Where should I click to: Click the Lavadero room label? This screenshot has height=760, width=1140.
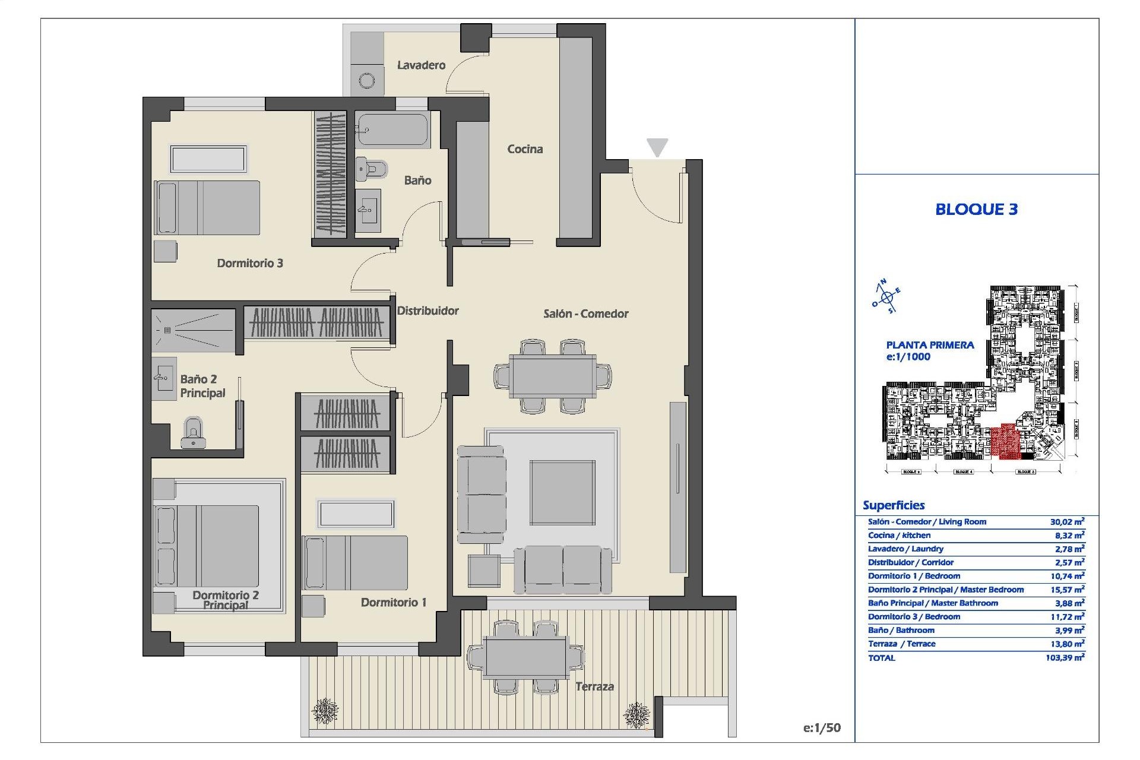(x=421, y=65)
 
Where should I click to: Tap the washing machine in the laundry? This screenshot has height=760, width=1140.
(x=367, y=81)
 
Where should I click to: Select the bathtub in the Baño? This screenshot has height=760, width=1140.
(x=392, y=130)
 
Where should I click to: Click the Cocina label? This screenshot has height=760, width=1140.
(x=524, y=149)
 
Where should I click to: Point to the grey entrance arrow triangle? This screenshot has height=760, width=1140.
(x=657, y=147)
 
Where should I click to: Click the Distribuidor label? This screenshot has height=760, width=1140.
(x=427, y=311)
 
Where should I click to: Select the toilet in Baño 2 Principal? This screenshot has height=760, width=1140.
(x=192, y=433)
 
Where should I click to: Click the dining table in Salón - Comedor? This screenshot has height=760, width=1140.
(x=552, y=376)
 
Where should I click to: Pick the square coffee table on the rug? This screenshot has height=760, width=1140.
(x=562, y=492)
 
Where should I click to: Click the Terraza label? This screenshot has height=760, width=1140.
(x=594, y=687)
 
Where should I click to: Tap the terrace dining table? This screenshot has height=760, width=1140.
(x=525, y=657)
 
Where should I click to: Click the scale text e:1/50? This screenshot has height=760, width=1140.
(x=822, y=728)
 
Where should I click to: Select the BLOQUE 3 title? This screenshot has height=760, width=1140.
(x=976, y=209)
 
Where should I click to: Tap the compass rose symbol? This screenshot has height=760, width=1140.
(x=886, y=297)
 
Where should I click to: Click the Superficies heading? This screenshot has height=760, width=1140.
(x=894, y=505)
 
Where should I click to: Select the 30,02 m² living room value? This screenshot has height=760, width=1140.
(x=1067, y=522)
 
